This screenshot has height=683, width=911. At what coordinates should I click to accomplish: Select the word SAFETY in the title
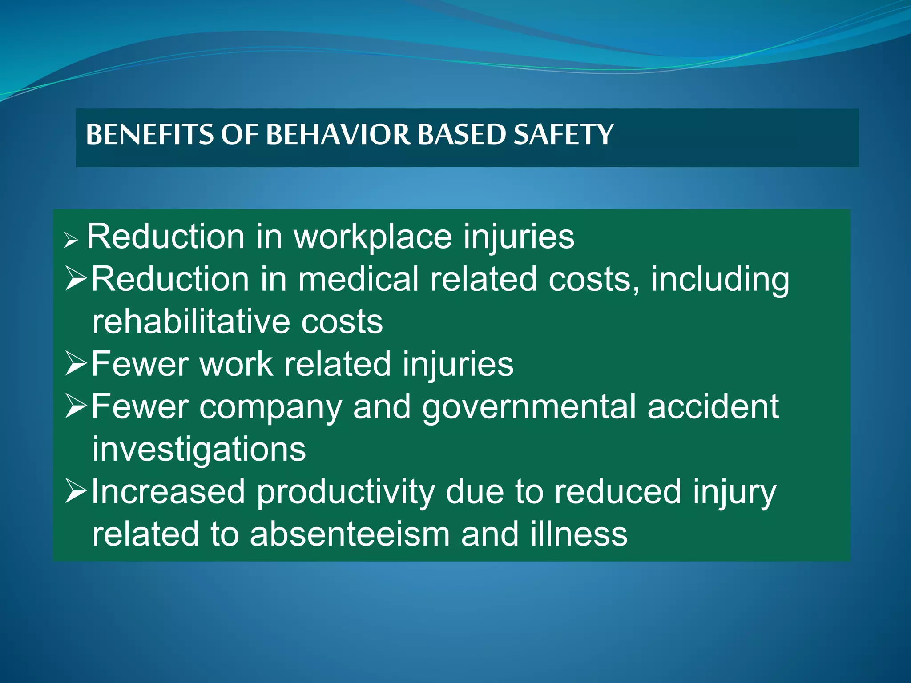pos(563,134)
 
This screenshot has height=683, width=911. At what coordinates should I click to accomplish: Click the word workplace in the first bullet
pos(373,237)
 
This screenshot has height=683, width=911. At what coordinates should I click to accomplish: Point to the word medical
pos(359,279)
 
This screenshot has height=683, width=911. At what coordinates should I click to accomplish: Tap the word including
pos(720,279)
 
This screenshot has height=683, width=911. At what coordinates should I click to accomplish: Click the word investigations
pos(199,449)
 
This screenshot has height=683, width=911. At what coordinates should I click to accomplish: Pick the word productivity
pos(346,492)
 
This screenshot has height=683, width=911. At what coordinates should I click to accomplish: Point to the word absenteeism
pos(350,534)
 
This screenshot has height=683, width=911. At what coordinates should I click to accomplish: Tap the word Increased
pos(168,492)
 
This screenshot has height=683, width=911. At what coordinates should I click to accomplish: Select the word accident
pos(713,407)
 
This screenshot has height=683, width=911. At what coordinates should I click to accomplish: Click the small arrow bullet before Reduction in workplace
pos(71,241)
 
